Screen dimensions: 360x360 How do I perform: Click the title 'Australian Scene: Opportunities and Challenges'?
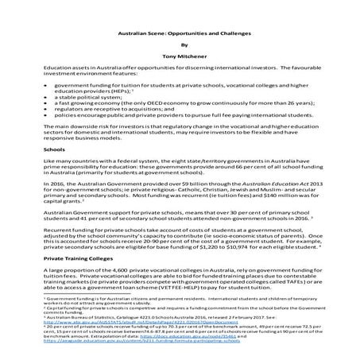tap(180, 35)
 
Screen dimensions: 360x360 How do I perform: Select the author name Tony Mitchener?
tap(180, 58)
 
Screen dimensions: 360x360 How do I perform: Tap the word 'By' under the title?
tap(180, 46)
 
